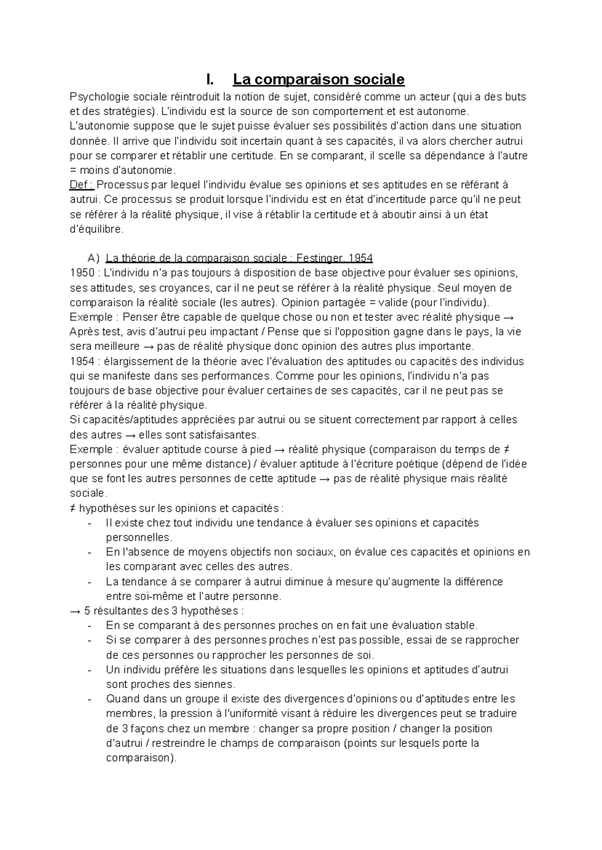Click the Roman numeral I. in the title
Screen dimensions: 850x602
(209, 79)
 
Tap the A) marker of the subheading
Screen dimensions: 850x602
(93, 258)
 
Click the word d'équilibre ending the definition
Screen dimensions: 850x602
(95, 229)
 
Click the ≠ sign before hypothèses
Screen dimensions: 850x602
(73, 508)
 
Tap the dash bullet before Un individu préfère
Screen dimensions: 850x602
(89, 670)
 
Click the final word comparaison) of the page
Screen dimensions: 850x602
(141, 758)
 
